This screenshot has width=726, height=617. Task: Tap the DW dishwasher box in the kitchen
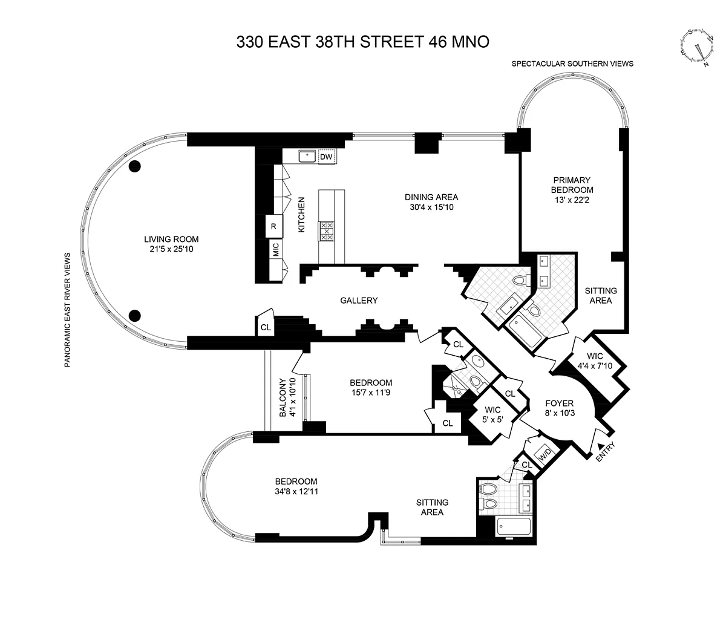click(326, 157)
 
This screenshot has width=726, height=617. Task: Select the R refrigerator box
click(273, 226)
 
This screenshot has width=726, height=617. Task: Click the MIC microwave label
click(276, 249)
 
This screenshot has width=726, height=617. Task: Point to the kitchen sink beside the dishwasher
click(307, 156)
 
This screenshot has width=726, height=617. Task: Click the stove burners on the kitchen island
click(326, 231)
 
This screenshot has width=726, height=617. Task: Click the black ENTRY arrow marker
click(600, 446)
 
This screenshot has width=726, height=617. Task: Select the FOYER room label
click(560, 403)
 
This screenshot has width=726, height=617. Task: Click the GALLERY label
click(359, 300)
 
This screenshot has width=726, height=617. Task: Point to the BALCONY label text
click(283, 397)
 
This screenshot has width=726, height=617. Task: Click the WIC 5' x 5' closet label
click(492, 414)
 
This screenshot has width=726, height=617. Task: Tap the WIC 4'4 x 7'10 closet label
click(595, 361)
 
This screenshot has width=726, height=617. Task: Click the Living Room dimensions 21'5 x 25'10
click(171, 249)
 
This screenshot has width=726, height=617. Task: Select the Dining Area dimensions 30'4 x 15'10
click(431, 207)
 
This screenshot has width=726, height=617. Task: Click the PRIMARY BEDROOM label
click(572, 185)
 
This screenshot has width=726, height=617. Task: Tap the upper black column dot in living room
click(134, 166)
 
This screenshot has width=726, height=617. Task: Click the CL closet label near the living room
click(266, 327)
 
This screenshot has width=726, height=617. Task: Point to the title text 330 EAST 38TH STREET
click(330, 42)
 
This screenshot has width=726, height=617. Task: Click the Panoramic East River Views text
click(67, 310)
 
